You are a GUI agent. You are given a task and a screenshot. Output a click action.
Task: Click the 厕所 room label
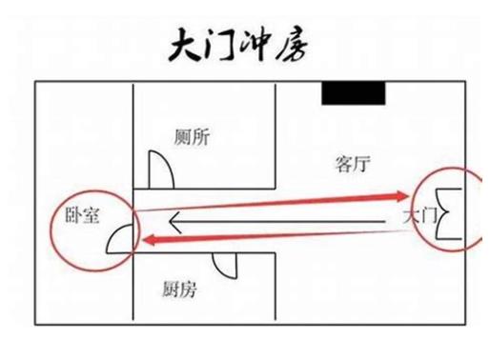[x=192, y=136]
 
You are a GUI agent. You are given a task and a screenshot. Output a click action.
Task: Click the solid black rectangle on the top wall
[x=353, y=93]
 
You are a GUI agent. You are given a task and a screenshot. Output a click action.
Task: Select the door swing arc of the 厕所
[x=160, y=170]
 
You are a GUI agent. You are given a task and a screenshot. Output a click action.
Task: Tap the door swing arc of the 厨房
[x=225, y=268]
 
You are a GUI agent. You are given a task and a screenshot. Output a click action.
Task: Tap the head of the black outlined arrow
[x=173, y=225]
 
